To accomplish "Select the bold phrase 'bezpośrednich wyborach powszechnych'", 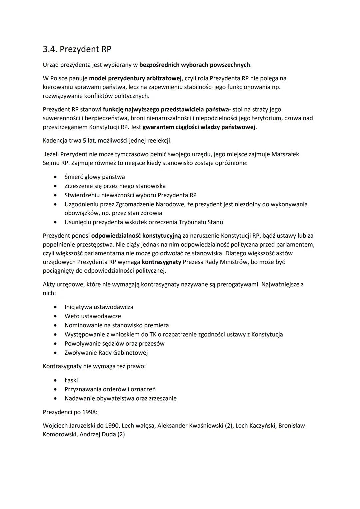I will click(x=194, y=65).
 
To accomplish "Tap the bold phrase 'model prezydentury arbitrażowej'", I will click(x=135, y=78).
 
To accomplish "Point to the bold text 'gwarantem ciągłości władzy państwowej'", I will click(x=199, y=127).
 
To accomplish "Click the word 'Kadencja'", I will click(x=55, y=140).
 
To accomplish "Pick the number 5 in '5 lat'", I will click(x=85, y=140).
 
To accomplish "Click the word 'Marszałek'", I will click(x=285, y=154).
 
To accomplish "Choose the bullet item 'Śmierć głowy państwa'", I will click(x=95, y=177).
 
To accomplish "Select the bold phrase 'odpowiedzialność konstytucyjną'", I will click(x=136, y=236).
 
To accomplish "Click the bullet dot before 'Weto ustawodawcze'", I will click(x=55, y=316).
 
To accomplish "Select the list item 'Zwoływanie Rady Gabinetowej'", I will click(x=106, y=353).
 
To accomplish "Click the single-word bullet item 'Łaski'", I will click(x=71, y=380).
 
